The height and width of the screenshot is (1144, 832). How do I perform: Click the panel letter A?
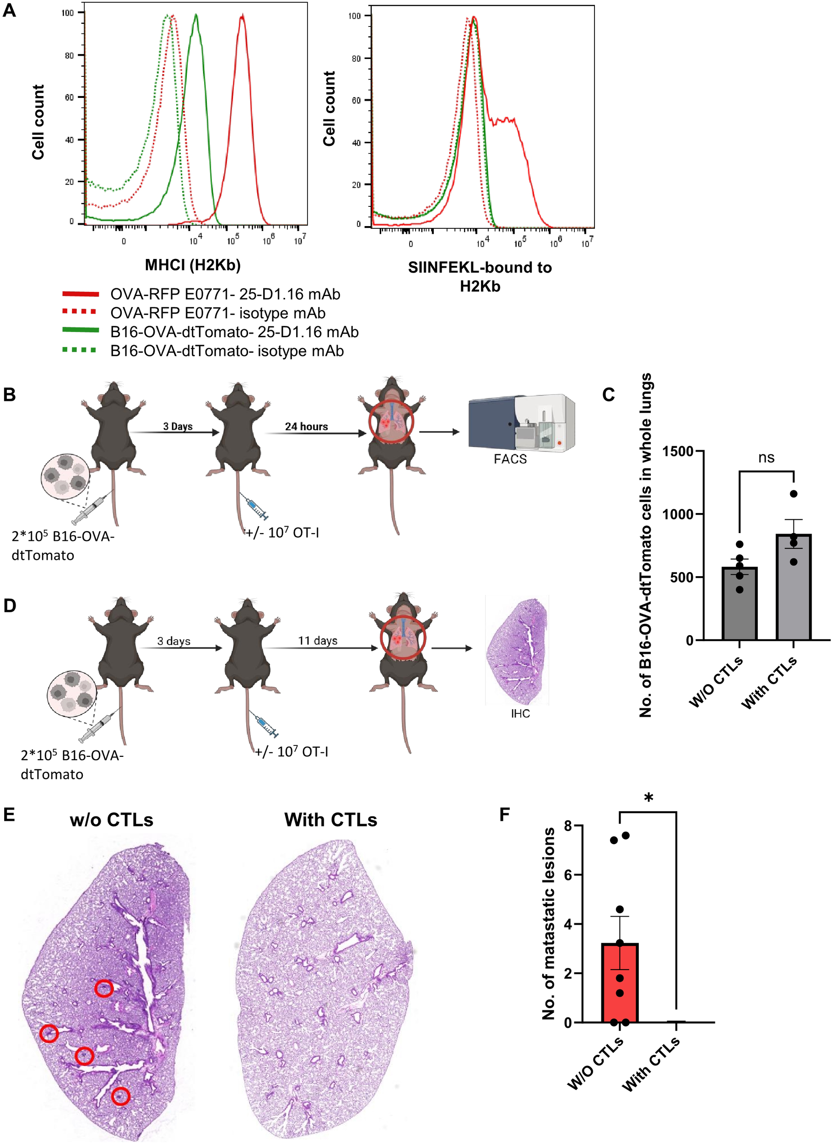[x=9, y=10]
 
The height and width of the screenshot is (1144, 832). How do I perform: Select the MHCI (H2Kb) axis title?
[x=192, y=265]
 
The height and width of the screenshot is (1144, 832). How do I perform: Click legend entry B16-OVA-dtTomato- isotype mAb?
[x=227, y=351]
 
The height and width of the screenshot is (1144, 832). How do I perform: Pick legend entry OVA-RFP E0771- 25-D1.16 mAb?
[x=225, y=294]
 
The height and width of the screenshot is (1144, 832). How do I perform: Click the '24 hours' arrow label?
[x=306, y=426]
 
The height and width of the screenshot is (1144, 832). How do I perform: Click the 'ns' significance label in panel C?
[x=766, y=458]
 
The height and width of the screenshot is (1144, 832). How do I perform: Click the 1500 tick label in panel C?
[x=678, y=452]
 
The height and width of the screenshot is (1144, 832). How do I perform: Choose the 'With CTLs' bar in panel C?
[x=793, y=588]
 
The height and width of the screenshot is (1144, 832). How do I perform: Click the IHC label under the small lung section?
[x=520, y=713]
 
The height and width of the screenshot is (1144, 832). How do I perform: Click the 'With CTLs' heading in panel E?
[x=330, y=820]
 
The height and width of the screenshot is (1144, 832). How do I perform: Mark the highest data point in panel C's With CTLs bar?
[x=794, y=494]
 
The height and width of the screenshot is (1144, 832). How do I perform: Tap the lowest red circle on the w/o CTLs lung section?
[x=120, y=1096]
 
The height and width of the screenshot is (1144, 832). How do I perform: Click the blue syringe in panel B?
[x=257, y=507]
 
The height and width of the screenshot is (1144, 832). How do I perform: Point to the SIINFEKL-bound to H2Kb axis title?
[x=479, y=276]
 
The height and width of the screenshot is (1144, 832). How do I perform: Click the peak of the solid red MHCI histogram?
[x=242, y=16]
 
